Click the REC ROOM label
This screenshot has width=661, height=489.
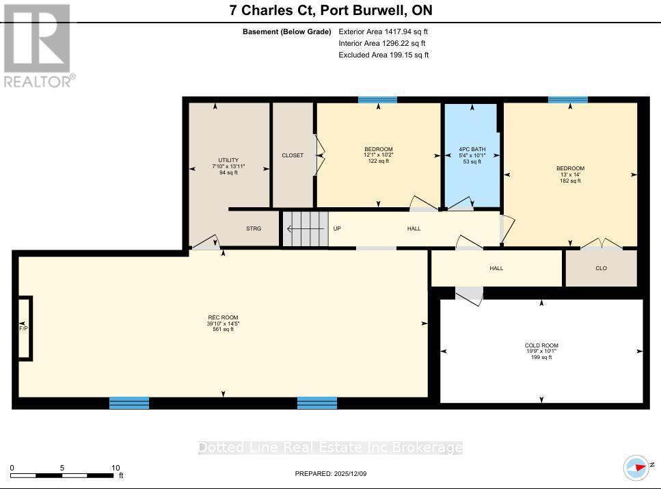(x=223, y=317)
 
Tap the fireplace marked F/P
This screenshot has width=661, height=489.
(x=23, y=328)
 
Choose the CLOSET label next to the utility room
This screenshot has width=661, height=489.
(x=293, y=155)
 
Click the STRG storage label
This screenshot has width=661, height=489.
(x=254, y=228)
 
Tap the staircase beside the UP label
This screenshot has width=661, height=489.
(x=305, y=228)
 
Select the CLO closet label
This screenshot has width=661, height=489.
(x=601, y=268)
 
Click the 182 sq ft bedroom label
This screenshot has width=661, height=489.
(x=570, y=169)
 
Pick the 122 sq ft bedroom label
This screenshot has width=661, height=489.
(x=378, y=150)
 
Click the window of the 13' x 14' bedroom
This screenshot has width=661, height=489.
(x=567, y=100)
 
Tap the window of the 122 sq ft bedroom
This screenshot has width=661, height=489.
(x=378, y=100)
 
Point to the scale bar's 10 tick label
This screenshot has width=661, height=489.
(x=115, y=468)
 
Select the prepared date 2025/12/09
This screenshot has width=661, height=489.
(x=330, y=474)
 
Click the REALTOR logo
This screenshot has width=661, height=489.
(x=38, y=46)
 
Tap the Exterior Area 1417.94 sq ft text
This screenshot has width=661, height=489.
(x=383, y=31)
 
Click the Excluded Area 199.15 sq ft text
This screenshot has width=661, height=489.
(x=383, y=55)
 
